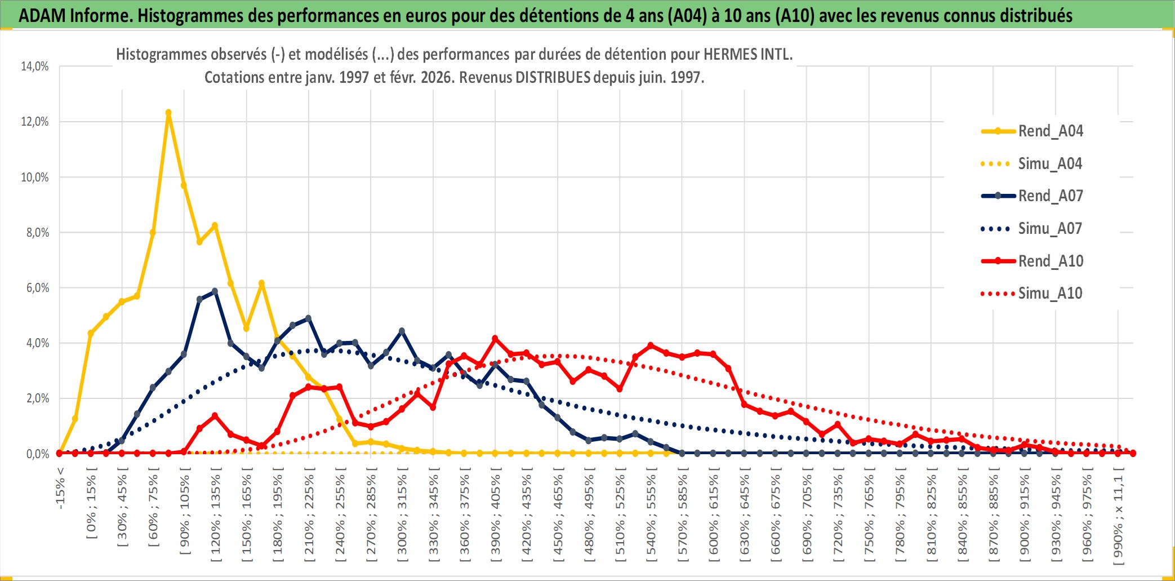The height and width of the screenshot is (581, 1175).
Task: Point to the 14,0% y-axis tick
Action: pyautogui.click(x=35, y=66)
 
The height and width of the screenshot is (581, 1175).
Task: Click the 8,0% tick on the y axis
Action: pyautogui.click(x=37, y=233)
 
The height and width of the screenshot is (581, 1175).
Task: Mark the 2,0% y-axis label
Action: pyautogui.click(x=37, y=398)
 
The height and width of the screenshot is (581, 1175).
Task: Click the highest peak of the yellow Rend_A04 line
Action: pyautogui.click(x=168, y=113)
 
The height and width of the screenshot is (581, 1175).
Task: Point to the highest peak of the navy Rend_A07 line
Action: pyautogui.click(x=215, y=291)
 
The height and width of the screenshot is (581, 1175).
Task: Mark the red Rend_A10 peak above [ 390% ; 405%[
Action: pyautogui.click(x=495, y=339)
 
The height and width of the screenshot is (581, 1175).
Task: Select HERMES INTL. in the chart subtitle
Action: pyautogui.click(x=748, y=55)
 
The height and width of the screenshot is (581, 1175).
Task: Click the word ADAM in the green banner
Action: pyautogui.click(x=42, y=15)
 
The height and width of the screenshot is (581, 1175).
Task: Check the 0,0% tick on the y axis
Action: pyautogui.click(x=37, y=454)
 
